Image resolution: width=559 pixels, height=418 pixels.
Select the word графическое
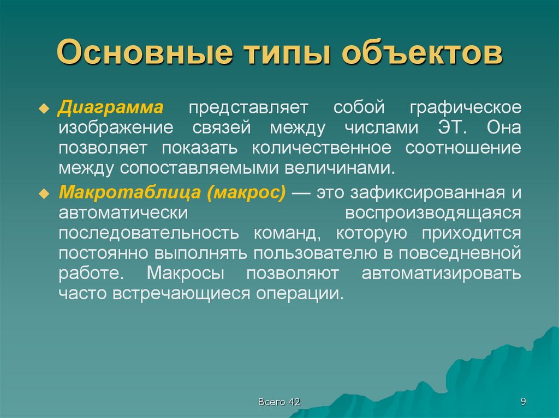465,107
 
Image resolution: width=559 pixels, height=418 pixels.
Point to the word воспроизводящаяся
433,213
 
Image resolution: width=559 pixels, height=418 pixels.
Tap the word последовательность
149,233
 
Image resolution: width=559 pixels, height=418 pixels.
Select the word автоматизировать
441,274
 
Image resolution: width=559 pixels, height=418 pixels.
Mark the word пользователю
308,253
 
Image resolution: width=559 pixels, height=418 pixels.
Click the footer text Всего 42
279,402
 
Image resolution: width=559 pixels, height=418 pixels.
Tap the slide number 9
523,402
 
